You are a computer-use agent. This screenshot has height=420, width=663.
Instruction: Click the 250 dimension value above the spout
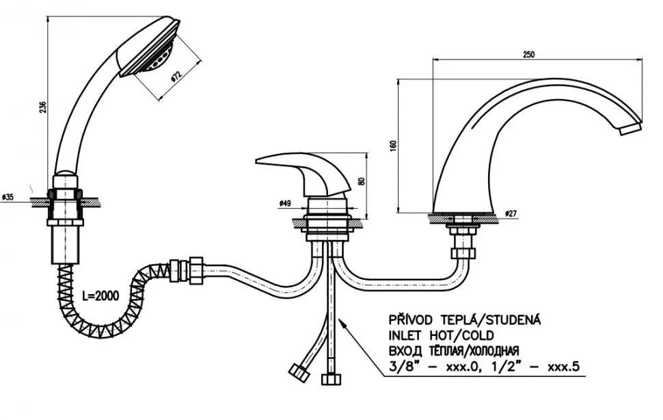point(528,55)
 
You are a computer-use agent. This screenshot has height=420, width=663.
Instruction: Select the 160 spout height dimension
point(394,146)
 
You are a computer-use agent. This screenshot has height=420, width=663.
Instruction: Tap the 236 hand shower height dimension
point(42,107)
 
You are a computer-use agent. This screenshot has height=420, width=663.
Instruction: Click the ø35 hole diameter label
point(8,197)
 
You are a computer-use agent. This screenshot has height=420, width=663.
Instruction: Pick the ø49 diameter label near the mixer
point(285,204)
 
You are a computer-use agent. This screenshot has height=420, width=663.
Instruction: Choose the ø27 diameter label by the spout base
point(511,213)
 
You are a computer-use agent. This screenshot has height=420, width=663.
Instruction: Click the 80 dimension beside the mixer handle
point(361,181)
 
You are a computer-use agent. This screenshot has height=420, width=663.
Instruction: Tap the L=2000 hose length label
point(100,296)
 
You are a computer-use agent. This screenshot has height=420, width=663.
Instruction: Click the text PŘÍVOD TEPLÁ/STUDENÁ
point(464,319)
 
